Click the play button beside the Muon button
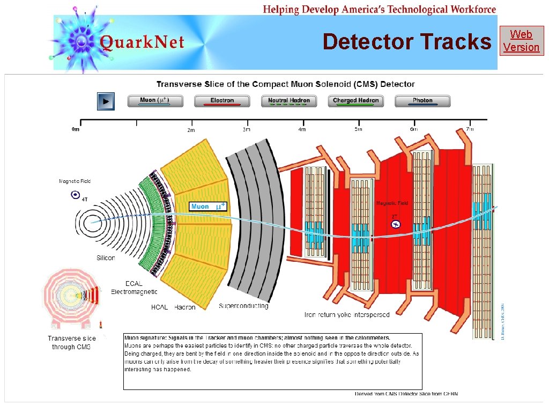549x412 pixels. click(x=106, y=101)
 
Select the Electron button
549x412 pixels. click(x=222, y=101)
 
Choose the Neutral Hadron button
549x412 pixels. click(x=289, y=101)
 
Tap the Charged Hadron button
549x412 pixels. click(x=355, y=101)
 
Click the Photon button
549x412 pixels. click(x=422, y=101)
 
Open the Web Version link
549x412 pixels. click(x=521, y=41)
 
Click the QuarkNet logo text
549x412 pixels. click(x=142, y=42)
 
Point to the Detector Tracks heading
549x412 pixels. click(x=407, y=42)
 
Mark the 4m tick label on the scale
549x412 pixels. click(x=302, y=129)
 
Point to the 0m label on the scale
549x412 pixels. click(x=76, y=129)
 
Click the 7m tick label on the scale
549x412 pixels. click(x=470, y=129)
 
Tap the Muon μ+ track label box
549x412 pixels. click(x=209, y=206)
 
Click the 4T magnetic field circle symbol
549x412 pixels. click(x=75, y=195)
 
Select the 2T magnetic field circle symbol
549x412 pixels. click(x=396, y=224)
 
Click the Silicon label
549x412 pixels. click(x=106, y=257)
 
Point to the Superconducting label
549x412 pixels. click(x=243, y=306)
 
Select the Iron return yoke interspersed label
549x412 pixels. click(x=347, y=314)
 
